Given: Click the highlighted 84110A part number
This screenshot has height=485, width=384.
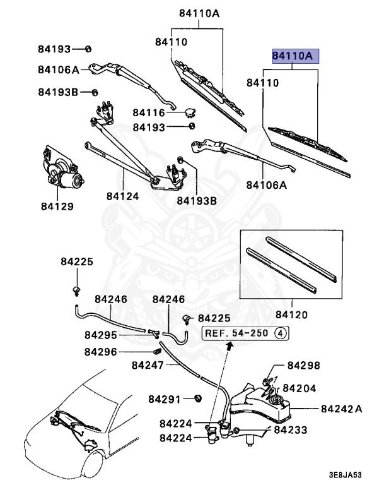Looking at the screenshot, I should [295, 57].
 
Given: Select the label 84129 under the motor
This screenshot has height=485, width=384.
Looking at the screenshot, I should [58, 207].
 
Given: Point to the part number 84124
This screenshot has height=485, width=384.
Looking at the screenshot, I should [122, 196].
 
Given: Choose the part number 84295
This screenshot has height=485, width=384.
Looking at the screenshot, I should [100, 335].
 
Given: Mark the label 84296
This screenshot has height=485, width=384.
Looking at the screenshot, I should [100, 352].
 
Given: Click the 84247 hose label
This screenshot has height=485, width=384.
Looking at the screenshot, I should [148, 365].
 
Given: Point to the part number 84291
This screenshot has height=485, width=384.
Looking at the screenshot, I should [165, 399].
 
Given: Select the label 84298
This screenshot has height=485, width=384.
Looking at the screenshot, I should [304, 366].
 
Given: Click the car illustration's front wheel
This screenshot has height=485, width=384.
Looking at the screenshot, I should [92, 452].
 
